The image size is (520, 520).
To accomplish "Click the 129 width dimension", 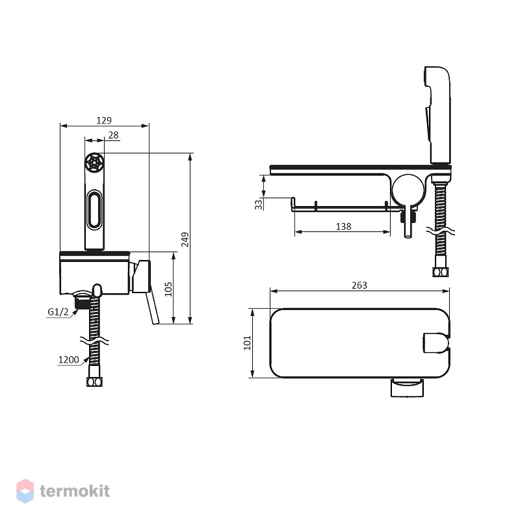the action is (104, 120).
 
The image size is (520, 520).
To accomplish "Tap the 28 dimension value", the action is (113, 135).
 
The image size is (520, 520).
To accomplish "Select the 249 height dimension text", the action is (185, 239).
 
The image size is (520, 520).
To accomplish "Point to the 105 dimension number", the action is (168, 289).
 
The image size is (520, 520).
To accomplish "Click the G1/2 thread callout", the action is (58, 312).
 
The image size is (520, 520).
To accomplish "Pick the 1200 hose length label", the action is (69, 360).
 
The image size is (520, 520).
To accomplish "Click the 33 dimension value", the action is (259, 204).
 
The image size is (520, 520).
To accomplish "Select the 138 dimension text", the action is (343, 226).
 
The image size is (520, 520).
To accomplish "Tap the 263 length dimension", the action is (359, 285).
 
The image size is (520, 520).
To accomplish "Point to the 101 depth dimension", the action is (248, 343).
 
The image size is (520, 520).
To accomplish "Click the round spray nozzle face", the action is (94, 162).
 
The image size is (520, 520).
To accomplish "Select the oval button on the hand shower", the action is (94, 209).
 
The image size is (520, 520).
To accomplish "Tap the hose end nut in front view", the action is (94, 382).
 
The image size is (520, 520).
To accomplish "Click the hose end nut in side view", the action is (441, 272).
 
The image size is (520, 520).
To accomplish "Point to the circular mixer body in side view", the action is (408, 190).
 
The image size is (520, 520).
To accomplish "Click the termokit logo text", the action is (75, 491).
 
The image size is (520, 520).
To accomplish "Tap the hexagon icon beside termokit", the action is (25, 491).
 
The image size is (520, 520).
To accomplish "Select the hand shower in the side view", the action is (437, 115).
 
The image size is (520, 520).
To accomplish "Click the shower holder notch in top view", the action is (436, 343).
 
